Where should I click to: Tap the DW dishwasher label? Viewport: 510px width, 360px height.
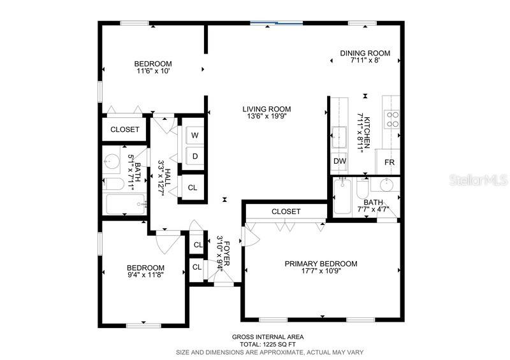(x=339, y=162)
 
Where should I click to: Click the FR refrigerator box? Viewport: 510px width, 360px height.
(x=390, y=162)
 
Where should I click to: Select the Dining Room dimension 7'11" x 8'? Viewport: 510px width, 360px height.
(x=365, y=61)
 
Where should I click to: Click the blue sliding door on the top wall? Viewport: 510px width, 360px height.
(x=276, y=24)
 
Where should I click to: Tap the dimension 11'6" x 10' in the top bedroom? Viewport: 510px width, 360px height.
(x=152, y=71)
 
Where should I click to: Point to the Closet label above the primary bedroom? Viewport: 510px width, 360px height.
(x=286, y=212)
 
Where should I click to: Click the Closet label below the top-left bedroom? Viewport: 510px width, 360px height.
(x=124, y=129)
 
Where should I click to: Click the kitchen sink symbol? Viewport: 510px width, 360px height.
(x=339, y=135)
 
